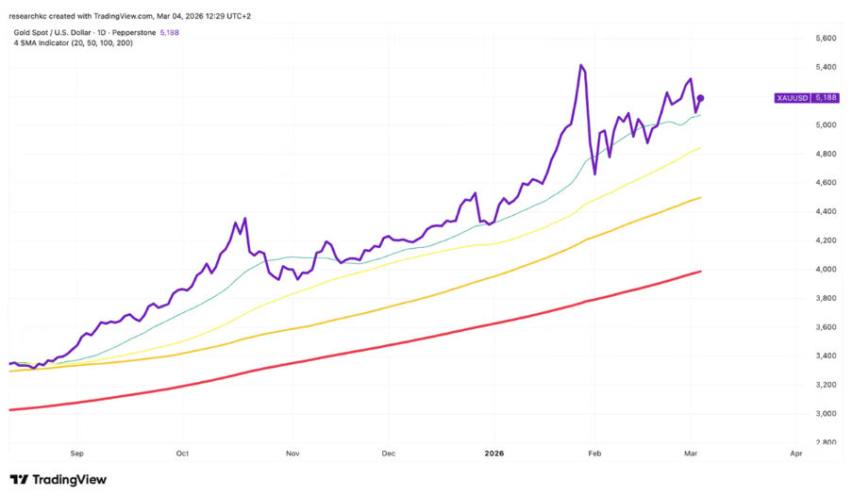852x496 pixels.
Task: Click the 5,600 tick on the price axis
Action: coord(825,39)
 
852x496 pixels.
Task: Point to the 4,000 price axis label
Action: coord(825,270)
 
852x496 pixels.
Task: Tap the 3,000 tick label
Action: coord(825,414)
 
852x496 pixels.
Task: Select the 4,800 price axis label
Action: coord(825,154)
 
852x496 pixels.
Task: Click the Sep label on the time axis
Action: coord(76,454)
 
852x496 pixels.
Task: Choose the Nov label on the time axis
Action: coord(292,454)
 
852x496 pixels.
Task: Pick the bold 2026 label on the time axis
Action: coord(494,454)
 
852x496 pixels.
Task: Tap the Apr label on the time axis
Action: coord(795,454)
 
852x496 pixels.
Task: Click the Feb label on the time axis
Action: coord(594,454)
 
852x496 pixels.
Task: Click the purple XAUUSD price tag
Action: coord(805,98)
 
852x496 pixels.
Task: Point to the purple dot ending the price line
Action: coord(700,98)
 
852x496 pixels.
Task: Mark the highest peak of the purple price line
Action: coord(580,65)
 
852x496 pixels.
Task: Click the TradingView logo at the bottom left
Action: coord(58,480)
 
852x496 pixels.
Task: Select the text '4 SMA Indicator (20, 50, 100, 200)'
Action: coord(73,43)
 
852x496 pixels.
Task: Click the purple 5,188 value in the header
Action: coord(171,32)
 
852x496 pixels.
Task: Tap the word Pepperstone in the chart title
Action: coord(131,32)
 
